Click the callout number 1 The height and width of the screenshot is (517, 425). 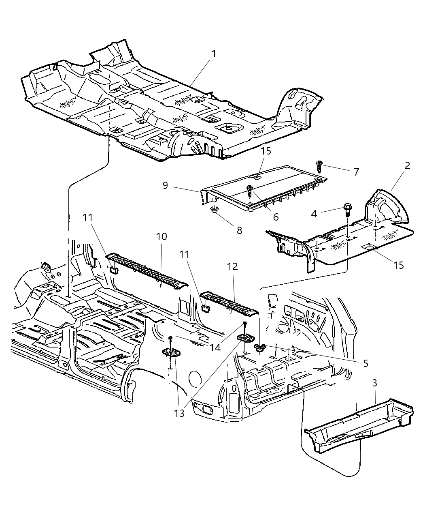(x=213, y=54)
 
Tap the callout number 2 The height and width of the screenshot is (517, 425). (x=407, y=165)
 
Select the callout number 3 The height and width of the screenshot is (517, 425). (x=375, y=382)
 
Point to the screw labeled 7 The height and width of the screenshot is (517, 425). (x=319, y=165)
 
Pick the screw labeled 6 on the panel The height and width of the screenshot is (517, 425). (x=250, y=189)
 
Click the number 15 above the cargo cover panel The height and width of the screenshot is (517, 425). (x=266, y=151)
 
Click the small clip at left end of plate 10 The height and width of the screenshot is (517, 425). (x=114, y=270)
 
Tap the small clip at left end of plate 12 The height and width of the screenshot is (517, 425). (x=206, y=309)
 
